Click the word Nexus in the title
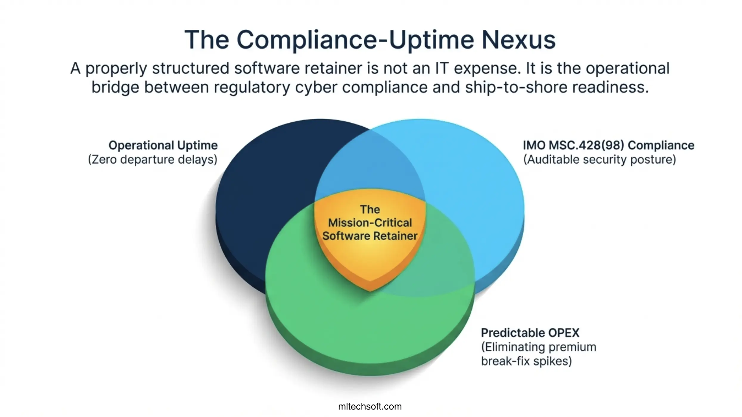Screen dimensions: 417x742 click(519, 40)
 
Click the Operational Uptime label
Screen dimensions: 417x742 click(163, 145)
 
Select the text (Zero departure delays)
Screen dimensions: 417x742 click(153, 160)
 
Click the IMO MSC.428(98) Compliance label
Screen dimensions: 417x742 click(608, 145)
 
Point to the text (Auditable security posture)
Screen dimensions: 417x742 click(600, 160)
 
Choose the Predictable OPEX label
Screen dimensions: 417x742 click(530, 333)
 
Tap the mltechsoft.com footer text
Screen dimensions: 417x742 click(370, 407)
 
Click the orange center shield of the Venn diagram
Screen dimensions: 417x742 click(370, 262)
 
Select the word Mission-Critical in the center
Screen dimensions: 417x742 click(370, 223)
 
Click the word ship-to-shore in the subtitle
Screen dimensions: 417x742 click(516, 87)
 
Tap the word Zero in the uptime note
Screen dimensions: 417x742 click(103, 160)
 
